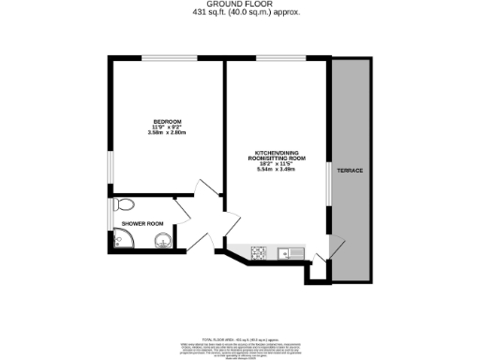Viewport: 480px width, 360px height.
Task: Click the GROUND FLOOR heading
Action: click(239, 5)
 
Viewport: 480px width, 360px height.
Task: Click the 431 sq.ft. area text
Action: click(239, 13)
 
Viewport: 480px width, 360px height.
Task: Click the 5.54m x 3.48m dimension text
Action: click(275, 170)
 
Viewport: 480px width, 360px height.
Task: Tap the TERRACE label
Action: click(351, 170)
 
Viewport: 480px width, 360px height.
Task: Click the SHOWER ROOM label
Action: click(142, 223)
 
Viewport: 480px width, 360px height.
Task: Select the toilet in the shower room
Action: click(125, 204)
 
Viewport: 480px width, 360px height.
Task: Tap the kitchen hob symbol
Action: click(258, 251)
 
